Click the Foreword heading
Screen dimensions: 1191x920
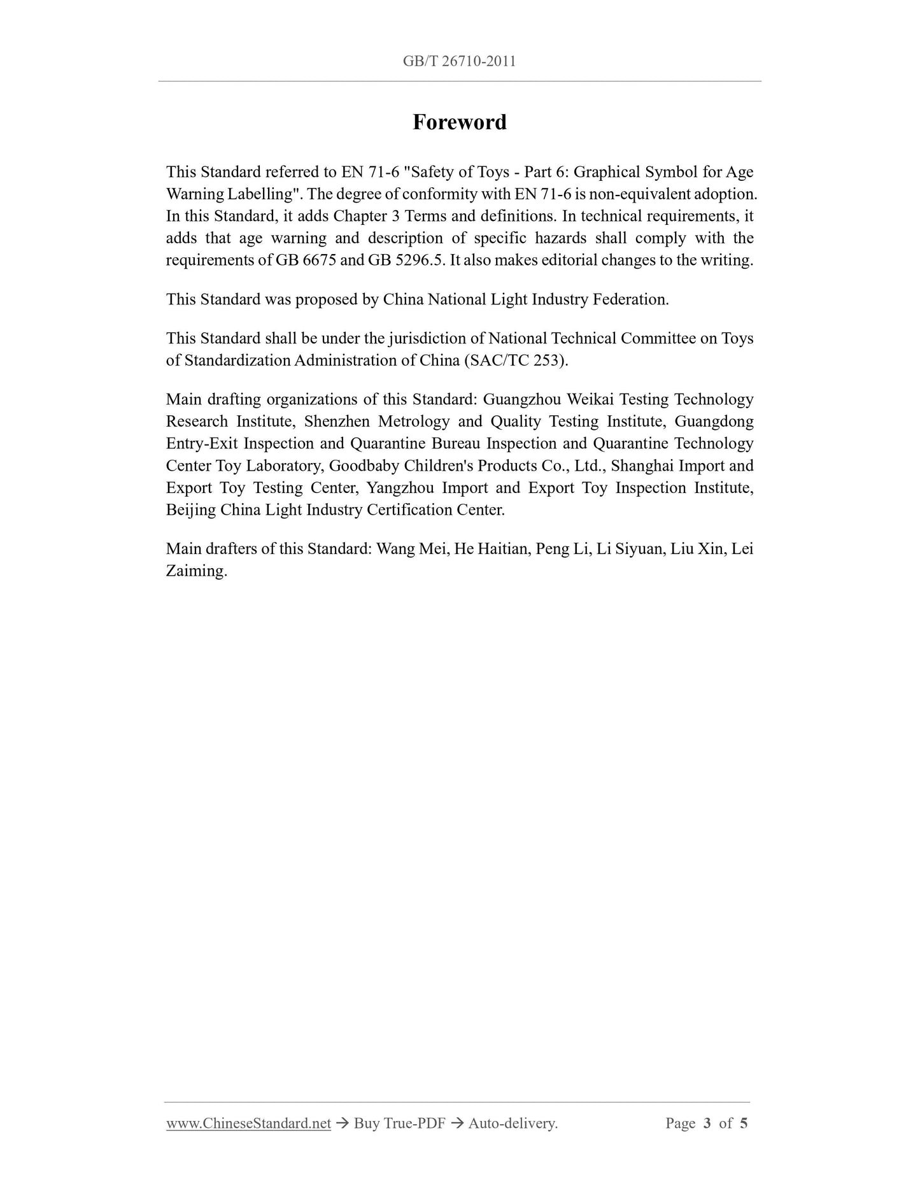pyautogui.click(x=459, y=122)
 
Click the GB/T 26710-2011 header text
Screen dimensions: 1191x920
pyautogui.click(x=459, y=61)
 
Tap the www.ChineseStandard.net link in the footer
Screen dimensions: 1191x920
pyautogui.click(x=248, y=1123)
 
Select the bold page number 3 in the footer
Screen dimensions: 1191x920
pyautogui.click(x=707, y=1123)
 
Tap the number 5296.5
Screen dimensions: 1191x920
pyautogui.click(x=412, y=260)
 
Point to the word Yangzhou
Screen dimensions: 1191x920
pyautogui.click(x=400, y=488)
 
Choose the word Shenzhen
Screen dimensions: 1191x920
pyautogui.click(x=337, y=422)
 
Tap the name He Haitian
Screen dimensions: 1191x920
pyautogui.click(x=492, y=548)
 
